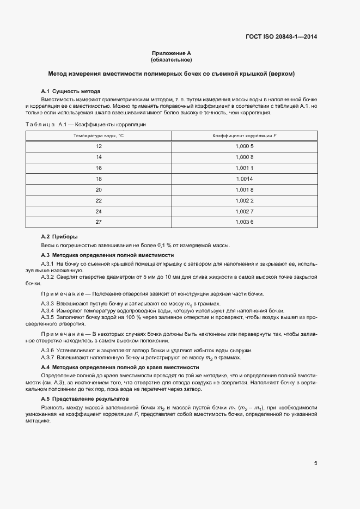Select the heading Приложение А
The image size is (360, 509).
[171, 53]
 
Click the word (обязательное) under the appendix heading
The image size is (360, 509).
[171, 59]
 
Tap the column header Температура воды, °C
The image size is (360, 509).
[99, 134]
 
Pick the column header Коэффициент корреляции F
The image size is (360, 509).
[245, 134]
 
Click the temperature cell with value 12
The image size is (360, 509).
[99, 146]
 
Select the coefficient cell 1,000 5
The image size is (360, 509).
[245, 146]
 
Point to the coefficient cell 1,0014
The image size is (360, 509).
[245, 178]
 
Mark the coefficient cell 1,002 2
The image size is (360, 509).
[245, 200]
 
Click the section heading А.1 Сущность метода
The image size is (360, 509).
[70, 90]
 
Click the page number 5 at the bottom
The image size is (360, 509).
[316, 463]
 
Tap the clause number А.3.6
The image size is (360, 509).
[47, 350]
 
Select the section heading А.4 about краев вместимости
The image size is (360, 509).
[120, 367]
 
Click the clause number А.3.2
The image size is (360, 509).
[47, 277]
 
